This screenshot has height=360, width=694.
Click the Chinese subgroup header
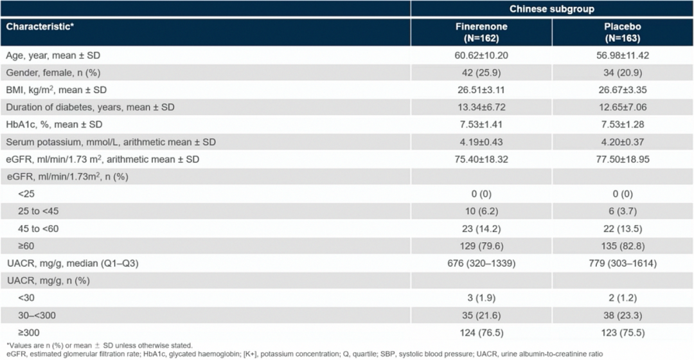(551, 9)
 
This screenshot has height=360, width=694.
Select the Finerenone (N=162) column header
(481, 32)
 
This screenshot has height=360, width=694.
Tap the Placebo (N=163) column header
(622, 32)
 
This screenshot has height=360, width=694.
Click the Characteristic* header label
(40, 26)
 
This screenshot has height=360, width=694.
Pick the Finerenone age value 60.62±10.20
(481, 56)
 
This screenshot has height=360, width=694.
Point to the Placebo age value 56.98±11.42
(623, 56)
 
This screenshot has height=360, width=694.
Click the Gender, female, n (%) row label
(53, 73)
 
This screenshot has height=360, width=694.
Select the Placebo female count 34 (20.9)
(623, 73)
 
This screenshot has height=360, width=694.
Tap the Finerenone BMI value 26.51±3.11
(481, 90)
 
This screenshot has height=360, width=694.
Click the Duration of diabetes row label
(91, 107)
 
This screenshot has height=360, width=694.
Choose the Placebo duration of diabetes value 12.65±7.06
(623, 107)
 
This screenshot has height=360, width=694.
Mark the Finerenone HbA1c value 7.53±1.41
(481, 125)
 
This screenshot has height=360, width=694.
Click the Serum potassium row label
(111, 142)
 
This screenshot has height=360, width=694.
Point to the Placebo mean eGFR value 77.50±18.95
(623, 159)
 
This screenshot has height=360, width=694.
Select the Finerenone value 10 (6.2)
(481, 212)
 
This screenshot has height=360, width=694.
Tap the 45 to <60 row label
(38, 229)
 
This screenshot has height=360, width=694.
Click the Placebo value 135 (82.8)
(623, 246)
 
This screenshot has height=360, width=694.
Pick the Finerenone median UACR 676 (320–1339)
(481, 264)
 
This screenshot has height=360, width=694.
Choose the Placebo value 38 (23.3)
(623, 315)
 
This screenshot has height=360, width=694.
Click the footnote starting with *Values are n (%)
(100, 345)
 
